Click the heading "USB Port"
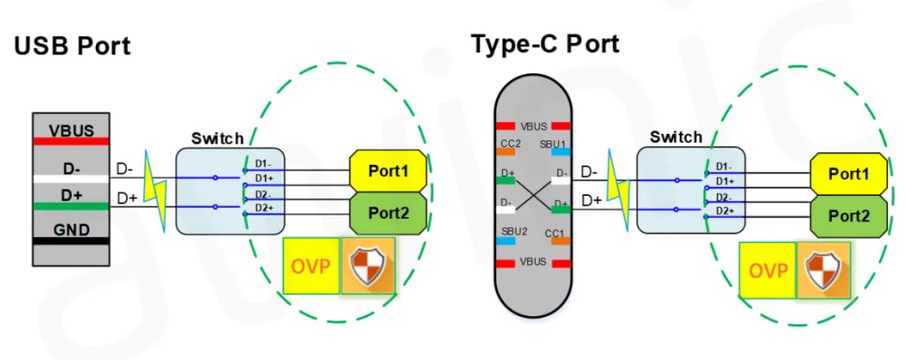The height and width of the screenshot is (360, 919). tap(73, 46)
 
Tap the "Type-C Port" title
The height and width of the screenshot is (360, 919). tap(545, 44)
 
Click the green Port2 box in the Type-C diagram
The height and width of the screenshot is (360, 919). tap(848, 217)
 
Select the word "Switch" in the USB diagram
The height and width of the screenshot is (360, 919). tap(218, 138)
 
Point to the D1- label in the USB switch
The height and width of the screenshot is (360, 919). tap(262, 164)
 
